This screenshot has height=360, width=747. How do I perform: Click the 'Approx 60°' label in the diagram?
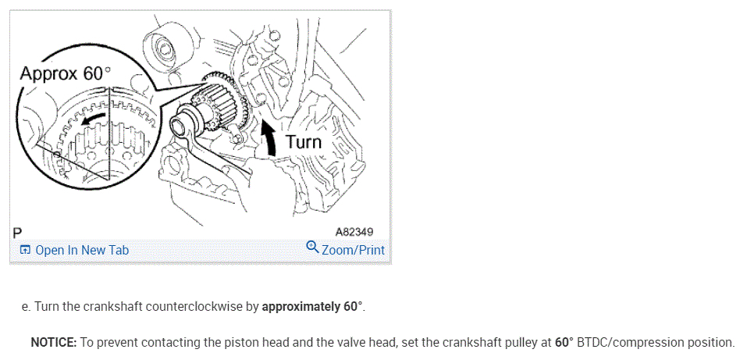click(x=66, y=73)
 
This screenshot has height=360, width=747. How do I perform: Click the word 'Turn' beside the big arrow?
click(x=304, y=141)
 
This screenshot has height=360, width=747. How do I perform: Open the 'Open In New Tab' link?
click(x=82, y=250)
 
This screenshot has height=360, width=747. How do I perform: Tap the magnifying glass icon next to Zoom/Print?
click(x=312, y=248)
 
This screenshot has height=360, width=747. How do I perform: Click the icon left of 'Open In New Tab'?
click(x=26, y=250)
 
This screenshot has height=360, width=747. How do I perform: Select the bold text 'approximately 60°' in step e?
click(x=312, y=306)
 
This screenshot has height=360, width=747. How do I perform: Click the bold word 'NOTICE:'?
click(x=53, y=342)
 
